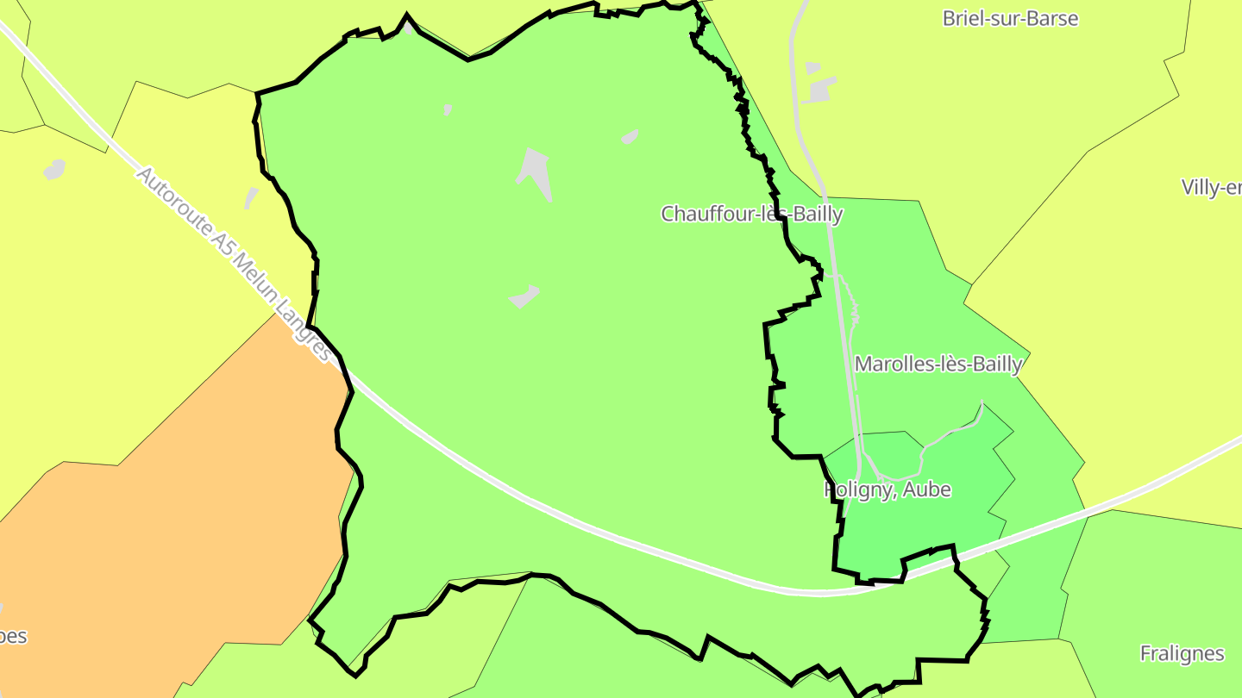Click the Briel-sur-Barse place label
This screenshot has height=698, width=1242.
pyautogui.click(x=1010, y=18)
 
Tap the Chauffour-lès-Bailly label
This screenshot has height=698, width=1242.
pyautogui.click(x=751, y=214)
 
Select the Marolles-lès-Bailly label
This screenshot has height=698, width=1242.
pyautogui.click(x=938, y=364)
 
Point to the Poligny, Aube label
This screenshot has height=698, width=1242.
pyautogui.click(x=888, y=489)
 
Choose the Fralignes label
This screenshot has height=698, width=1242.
pyautogui.click(x=1182, y=653)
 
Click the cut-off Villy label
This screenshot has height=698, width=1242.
pyautogui.click(x=1212, y=188)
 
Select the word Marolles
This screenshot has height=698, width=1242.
pyautogui.click(x=893, y=364)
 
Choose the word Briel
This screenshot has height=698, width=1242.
pyautogui.click(x=965, y=18)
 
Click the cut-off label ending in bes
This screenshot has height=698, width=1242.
pyautogui.click(x=13, y=637)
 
